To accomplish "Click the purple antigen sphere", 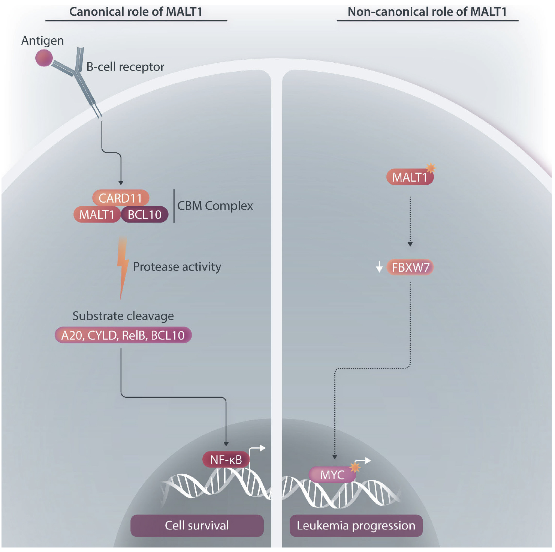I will coord(44,58).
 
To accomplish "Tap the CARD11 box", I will coord(121,198).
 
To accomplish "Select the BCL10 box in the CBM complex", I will coord(145,215).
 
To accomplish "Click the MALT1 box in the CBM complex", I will coord(97,215).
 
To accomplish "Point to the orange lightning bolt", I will coord(123,266).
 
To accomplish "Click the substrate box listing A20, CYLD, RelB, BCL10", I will coord(123,335).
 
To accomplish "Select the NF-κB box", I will coord(226,459).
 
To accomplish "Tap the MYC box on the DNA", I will coord(332,475).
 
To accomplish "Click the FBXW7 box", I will coord(410,268).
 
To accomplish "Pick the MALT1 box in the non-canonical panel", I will coord(410,177).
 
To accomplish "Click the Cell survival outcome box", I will coord(197,525).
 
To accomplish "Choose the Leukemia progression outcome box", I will coord(356,525).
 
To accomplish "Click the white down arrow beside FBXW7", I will coord(379,267).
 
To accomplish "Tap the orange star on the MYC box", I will coord(355,467).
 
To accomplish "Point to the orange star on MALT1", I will coord(431,168).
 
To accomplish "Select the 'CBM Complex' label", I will coord(215,206).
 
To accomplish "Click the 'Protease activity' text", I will coord(177,267).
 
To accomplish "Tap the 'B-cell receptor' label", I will coord(125,67).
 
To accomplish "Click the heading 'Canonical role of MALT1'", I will coord(136,12).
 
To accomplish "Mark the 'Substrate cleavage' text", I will coord(123,316).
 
